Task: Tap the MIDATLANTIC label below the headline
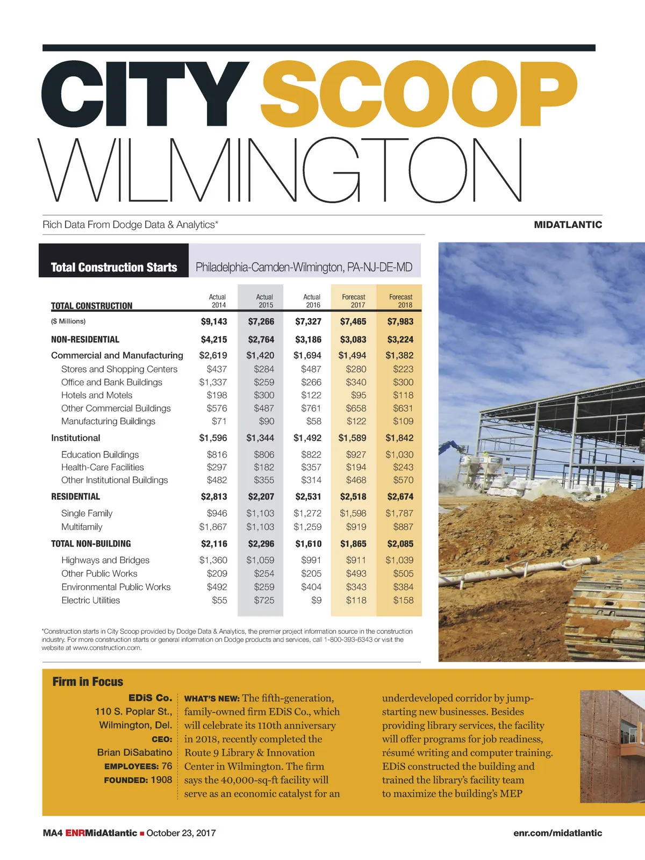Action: (x=568, y=225)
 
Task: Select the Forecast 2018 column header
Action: (x=400, y=301)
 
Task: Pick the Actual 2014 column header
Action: (x=217, y=301)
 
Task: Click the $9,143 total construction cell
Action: (x=214, y=321)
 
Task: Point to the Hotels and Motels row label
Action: (x=97, y=395)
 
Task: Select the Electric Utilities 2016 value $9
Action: (x=316, y=600)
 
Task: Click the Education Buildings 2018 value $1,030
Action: (x=399, y=455)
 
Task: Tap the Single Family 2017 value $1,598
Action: (x=353, y=513)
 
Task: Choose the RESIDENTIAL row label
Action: (x=75, y=497)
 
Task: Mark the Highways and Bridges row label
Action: (x=105, y=560)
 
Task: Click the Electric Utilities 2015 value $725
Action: (x=264, y=600)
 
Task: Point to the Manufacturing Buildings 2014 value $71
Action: (x=219, y=421)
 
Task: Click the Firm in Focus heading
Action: (x=88, y=682)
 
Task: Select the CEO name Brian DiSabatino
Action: (x=134, y=752)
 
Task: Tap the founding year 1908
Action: (x=161, y=780)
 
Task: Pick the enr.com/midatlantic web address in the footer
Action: (x=557, y=833)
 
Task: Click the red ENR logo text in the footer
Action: (x=75, y=833)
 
